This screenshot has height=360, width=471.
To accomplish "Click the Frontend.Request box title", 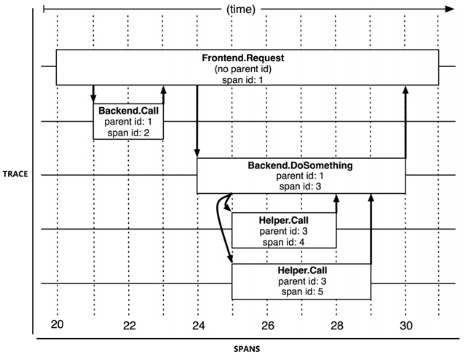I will coord(248,58).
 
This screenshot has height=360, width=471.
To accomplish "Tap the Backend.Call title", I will coord(128,110).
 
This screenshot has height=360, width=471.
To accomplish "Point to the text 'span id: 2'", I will coord(128,133).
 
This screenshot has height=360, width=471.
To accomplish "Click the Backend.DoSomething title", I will coord(300,165).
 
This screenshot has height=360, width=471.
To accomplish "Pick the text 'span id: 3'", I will coord(300,187).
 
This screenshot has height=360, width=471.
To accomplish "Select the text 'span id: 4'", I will coord(284,241).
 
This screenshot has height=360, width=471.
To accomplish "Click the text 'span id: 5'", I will coord(301,291).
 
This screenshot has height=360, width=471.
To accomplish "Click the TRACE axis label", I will coord(15,175).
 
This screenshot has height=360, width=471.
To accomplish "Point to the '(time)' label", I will coord(243,9).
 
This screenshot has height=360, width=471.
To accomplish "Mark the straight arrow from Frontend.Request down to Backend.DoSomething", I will coord(197,120).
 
